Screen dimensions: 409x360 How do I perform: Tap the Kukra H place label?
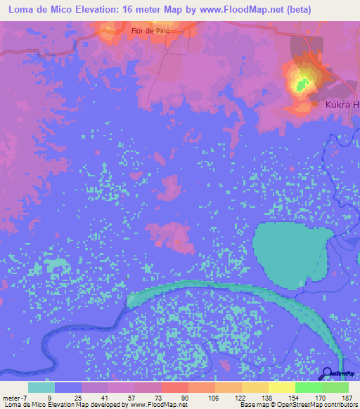[342, 105]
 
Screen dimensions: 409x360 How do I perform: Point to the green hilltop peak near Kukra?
[303, 84]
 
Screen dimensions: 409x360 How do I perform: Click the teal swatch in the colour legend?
[41, 387]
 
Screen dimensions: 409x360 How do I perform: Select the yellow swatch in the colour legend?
[281, 387]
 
